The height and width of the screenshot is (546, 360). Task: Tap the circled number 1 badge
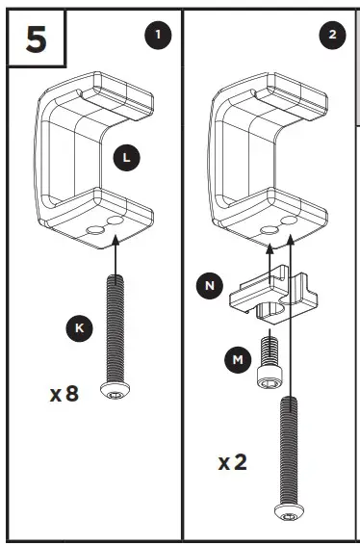[x=158, y=36]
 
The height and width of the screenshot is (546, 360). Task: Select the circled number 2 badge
[x=331, y=36]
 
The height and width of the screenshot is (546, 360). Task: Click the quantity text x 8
[x=64, y=394]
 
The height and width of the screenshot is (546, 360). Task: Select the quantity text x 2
[x=232, y=461]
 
